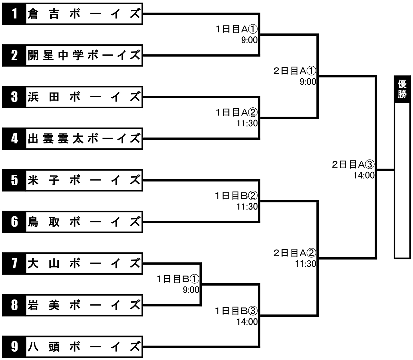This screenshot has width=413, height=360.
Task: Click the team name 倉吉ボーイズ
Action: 84,14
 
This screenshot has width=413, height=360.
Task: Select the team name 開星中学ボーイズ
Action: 84,55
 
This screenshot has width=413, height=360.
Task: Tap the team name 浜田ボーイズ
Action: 84,97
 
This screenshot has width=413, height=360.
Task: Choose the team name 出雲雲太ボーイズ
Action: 84,139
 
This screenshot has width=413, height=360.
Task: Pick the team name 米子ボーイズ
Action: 84,180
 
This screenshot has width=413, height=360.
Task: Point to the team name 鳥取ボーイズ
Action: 84,222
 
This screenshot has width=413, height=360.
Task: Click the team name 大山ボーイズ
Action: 84,263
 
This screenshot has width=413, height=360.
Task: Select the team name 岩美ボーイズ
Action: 84,305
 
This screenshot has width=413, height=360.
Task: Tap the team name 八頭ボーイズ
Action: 84,347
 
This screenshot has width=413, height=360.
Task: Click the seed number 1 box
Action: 14,14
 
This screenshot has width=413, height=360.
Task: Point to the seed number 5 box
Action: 14,180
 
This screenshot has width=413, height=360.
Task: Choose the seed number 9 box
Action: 14,347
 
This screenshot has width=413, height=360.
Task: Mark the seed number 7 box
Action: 14,263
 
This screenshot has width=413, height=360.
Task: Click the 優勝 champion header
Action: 402,89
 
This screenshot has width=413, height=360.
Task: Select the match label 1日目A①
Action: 237,29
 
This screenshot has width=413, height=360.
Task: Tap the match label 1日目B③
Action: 236,311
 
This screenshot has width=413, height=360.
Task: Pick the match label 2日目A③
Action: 353,164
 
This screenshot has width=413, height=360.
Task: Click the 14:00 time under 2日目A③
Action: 364,175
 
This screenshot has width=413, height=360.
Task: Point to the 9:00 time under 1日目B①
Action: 191,290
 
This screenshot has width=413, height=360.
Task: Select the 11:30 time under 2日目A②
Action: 306,264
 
